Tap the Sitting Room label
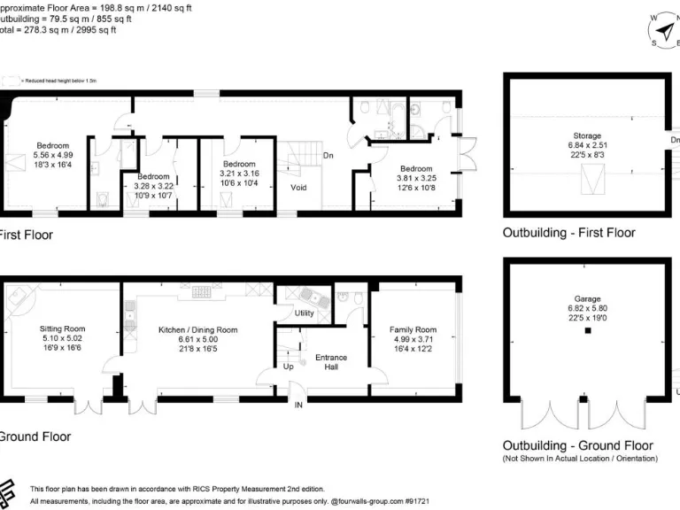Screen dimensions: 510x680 coord(62,329)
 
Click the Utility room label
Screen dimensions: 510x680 coord(305,313)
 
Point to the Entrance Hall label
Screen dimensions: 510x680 coord(331,362)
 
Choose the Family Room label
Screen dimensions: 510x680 coord(413,330)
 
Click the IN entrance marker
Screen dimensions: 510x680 coord(298,405)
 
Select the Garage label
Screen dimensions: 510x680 coord(587,299)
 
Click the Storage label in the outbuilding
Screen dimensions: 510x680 coord(586,136)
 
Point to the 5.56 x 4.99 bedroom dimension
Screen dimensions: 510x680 coord(52,156)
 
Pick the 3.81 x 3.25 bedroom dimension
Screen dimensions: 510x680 coord(415,178)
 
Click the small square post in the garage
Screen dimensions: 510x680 coord(587,331)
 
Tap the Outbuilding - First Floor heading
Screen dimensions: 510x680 coord(568,234)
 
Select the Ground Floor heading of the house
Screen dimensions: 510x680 coord(34,437)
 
